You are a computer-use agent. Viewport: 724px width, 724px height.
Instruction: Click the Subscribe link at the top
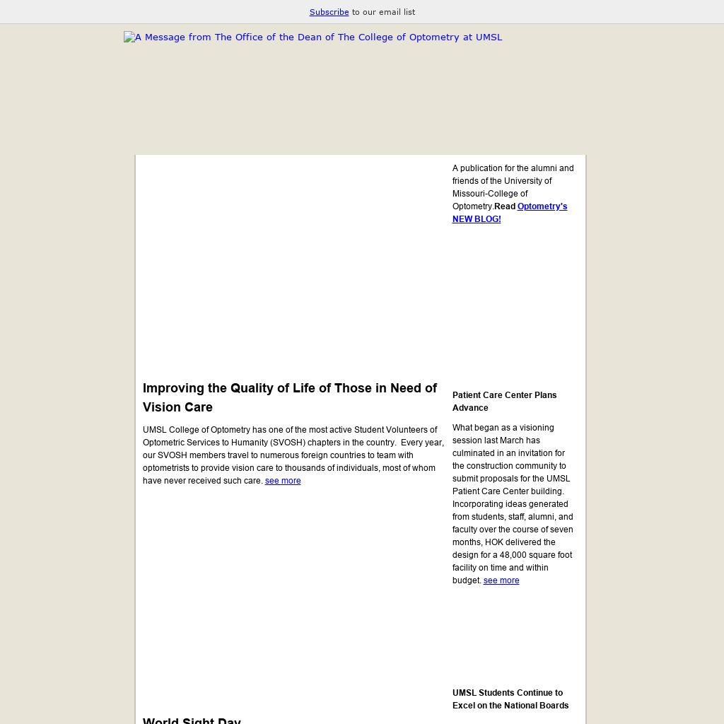pyautogui.click(x=329, y=12)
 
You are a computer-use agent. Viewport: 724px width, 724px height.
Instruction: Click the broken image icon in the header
pyautogui.click(x=129, y=37)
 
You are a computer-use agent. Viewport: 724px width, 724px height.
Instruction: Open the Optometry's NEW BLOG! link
pyautogui.click(x=510, y=213)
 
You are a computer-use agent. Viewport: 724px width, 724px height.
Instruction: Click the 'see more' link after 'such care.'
pyautogui.click(x=283, y=481)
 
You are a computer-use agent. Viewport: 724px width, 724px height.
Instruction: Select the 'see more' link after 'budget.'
pyautogui.click(x=501, y=580)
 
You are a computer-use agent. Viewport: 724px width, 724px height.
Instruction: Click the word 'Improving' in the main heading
pyautogui.click(x=173, y=388)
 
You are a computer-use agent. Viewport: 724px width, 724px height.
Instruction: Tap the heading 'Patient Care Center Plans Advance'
pyautogui.click(x=504, y=402)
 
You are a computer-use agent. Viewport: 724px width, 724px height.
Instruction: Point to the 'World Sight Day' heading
pyautogui.click(x=192, y=720)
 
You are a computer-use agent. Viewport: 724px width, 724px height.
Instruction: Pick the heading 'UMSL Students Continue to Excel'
pyautogui.click(x=510, y=699)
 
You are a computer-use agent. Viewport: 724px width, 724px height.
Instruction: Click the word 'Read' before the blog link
pyautogui.click(x=505, y=206)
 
